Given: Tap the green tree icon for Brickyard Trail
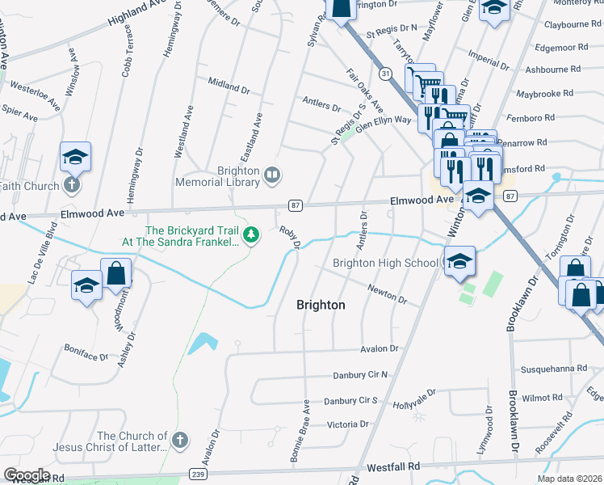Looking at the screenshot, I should (251, 234).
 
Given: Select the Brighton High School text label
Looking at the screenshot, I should (386, 264).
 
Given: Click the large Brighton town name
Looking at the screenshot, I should (321, 305).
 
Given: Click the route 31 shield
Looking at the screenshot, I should (387, 74).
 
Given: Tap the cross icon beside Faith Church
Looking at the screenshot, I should (71, 185).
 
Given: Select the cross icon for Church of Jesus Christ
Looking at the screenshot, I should (179, 441).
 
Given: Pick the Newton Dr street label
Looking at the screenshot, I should (387, 293).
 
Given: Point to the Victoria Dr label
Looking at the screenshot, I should (347, 424).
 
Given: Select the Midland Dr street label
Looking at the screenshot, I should (228, 85).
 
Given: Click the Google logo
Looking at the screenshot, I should (26, 475).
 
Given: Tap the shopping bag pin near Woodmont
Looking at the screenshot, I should (116, 275).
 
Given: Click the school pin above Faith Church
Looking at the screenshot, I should (75, 156).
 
